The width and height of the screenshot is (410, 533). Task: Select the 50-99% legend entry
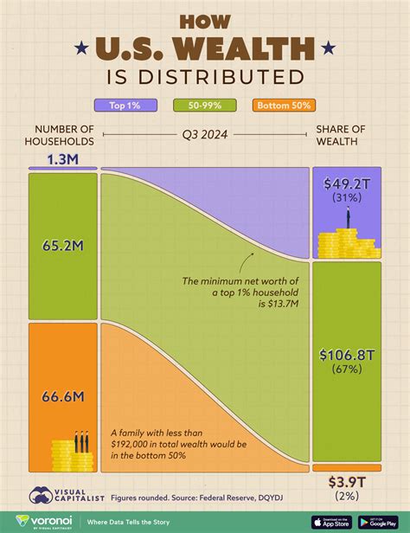pos(204,106)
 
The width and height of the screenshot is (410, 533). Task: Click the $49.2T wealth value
pos(346,183)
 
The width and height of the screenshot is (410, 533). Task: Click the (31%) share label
pos(346,197)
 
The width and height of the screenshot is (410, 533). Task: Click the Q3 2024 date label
pos(204,136)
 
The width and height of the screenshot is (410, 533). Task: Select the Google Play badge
pos(381,521)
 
